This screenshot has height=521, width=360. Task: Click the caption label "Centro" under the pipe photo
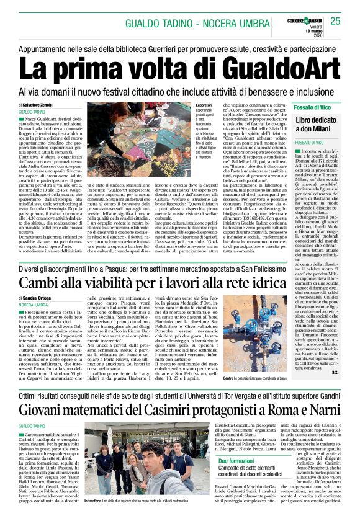tap(228, 378)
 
